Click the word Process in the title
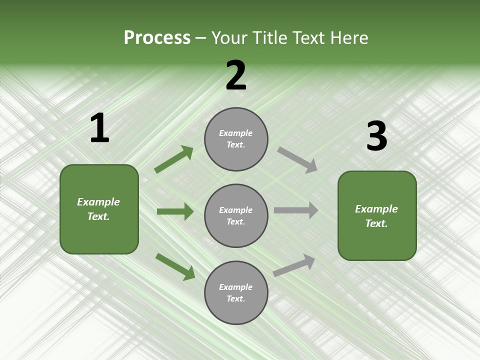point(157,38)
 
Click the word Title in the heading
point(270,38)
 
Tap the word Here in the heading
point(349,38)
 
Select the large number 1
point(99,128)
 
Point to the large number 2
point(236,76)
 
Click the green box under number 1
point(99,209)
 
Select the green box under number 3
point(377,215)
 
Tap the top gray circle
point(236,139)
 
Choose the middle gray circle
point(236,215)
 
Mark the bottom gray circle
point(236,292)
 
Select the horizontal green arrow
point(175,211)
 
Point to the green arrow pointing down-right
point(175,266)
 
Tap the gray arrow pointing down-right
point(297,159)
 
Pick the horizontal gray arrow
point(296,210)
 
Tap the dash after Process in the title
point(201,38)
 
